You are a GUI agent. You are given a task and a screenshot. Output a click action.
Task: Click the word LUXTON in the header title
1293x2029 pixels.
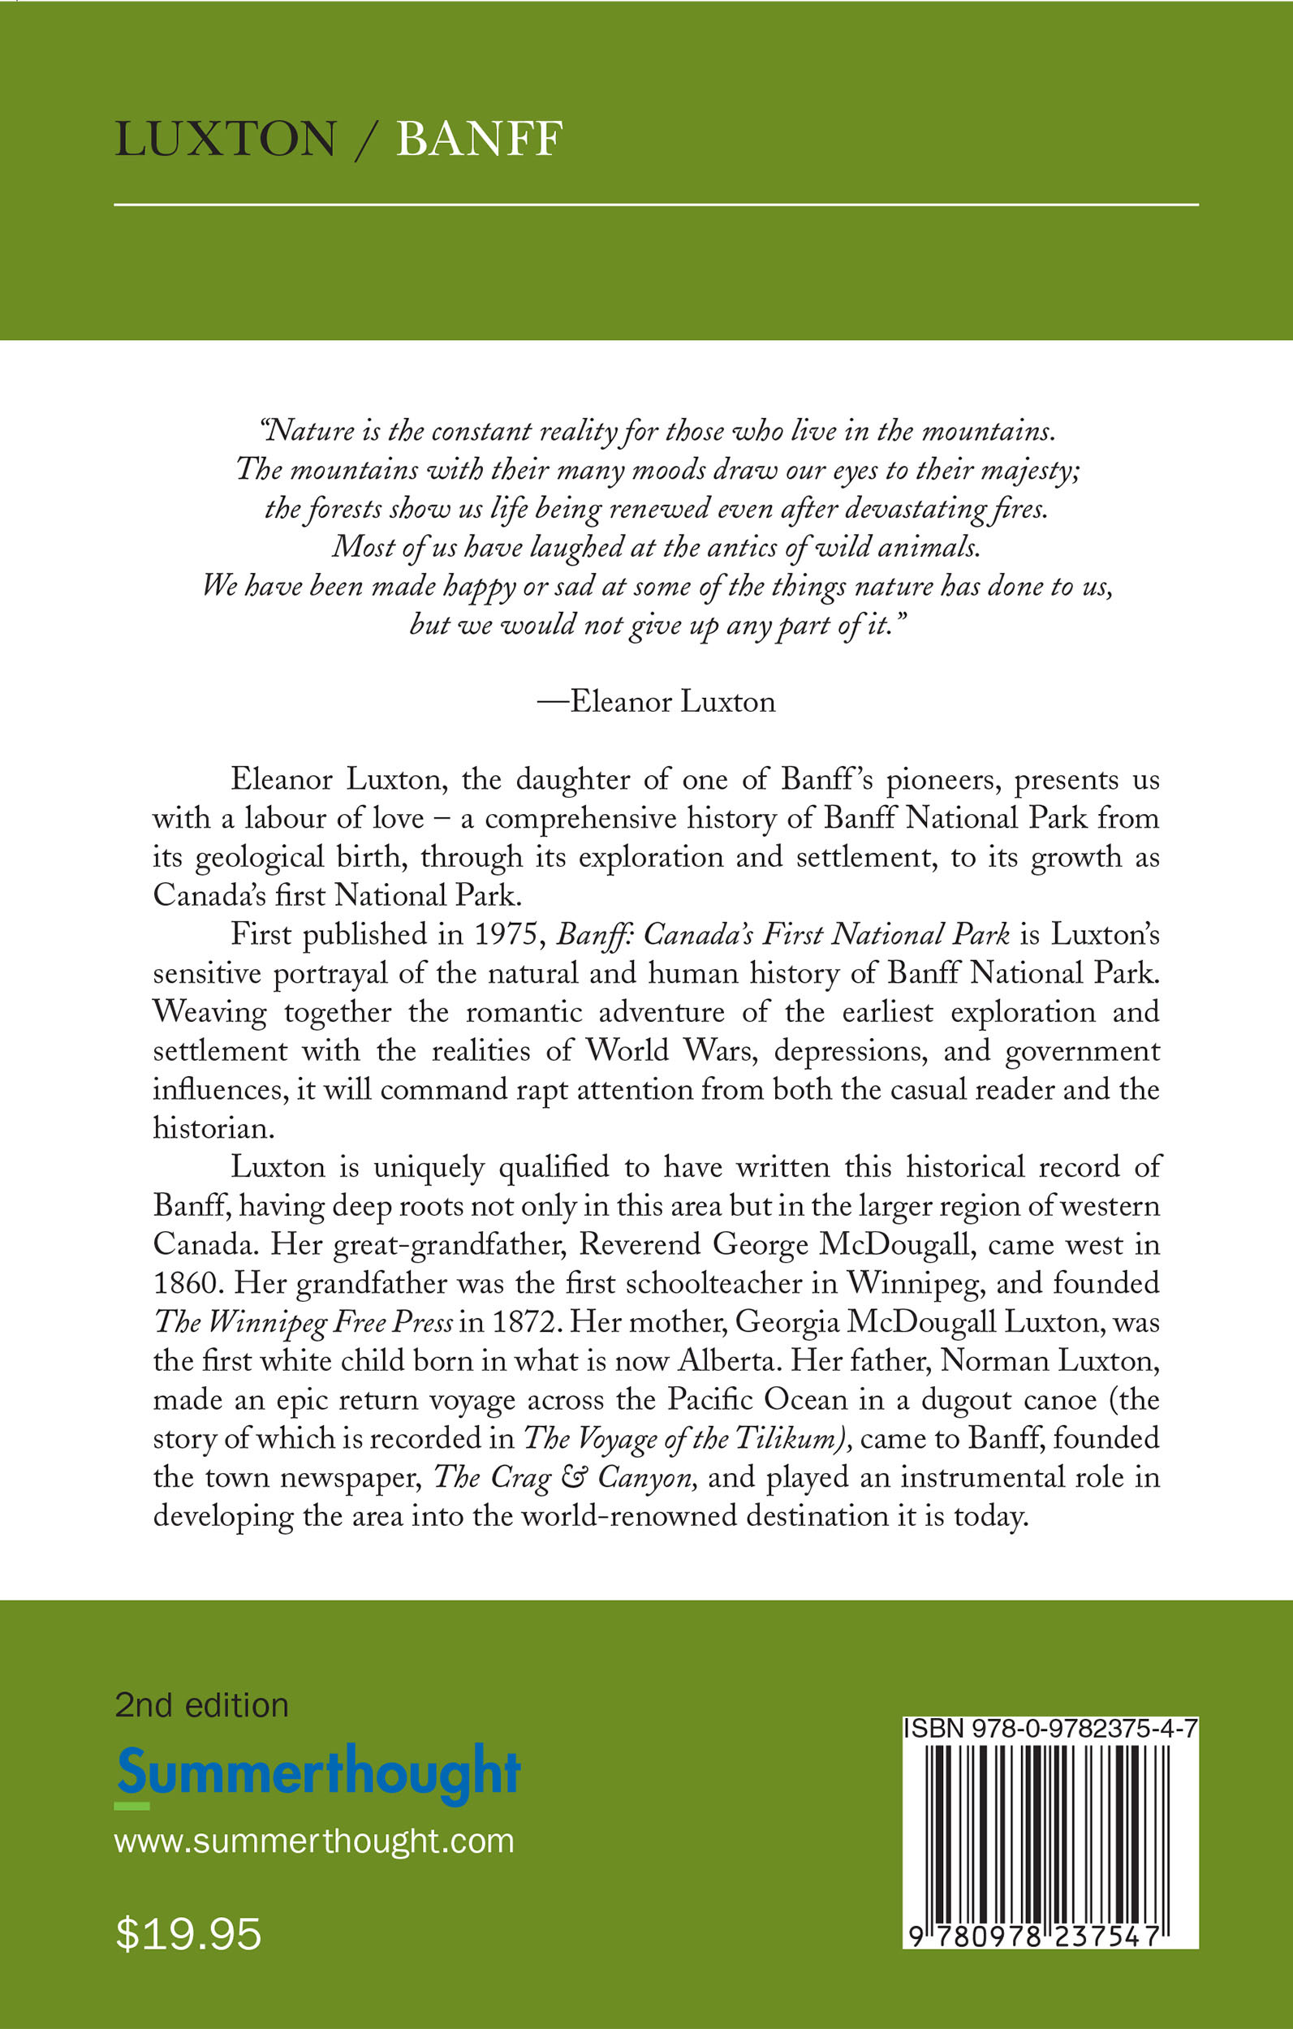(225, 139)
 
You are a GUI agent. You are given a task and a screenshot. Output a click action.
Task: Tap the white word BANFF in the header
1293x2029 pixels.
(479, 139)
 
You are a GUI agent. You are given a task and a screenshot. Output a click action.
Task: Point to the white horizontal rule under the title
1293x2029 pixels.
(656, 205)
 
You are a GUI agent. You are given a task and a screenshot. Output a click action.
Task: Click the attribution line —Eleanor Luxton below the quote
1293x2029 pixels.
(657, 702)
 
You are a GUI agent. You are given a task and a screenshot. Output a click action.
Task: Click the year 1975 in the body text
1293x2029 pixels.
(506, 934)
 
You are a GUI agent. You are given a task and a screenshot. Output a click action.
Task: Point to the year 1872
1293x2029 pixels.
(525, 1322)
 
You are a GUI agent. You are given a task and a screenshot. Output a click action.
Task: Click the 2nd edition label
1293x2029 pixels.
(201, 1705)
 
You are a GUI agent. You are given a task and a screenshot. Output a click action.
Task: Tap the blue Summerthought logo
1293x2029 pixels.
(319, 1771)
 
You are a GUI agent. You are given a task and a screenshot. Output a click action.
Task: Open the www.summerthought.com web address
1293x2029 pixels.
(313, 1841)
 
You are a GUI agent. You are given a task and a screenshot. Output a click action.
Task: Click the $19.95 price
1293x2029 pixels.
(188, 1934)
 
